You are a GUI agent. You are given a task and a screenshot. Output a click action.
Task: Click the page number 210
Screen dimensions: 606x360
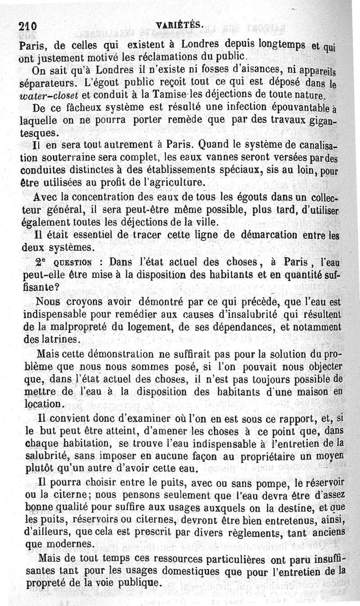pyautogui.click(x=28, y=26)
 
